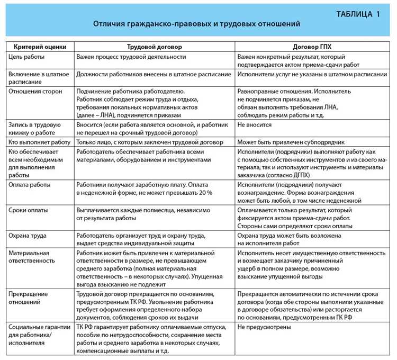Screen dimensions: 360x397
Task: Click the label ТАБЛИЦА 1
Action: [x=358, y=14]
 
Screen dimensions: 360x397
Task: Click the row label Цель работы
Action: [x=26, y=56]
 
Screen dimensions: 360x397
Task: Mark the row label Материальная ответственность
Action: [x=32, y=257]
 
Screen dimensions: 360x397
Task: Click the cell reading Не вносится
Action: [x=255, y=125]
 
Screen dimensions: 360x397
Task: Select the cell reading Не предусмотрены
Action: [x=264, y=327]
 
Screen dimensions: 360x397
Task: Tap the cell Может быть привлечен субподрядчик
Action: [x=291, y=142]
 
